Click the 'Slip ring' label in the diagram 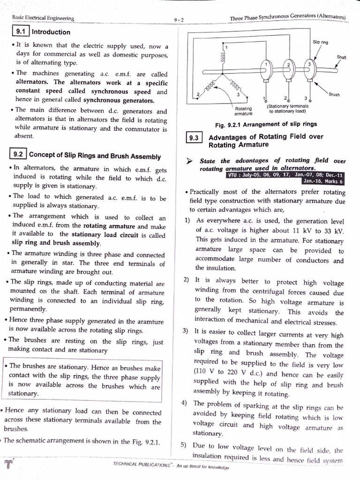[x=320, y=42]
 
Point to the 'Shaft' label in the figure [x=341, y=57]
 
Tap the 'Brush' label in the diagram [x=334, y=94]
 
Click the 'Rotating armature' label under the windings [x=243, y=111]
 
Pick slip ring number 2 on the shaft [x=289, y=68]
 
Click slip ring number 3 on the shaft [x=309, y=67]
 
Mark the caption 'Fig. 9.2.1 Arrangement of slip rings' [x=265, y=124]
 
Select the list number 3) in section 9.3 [x=186, y=331]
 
